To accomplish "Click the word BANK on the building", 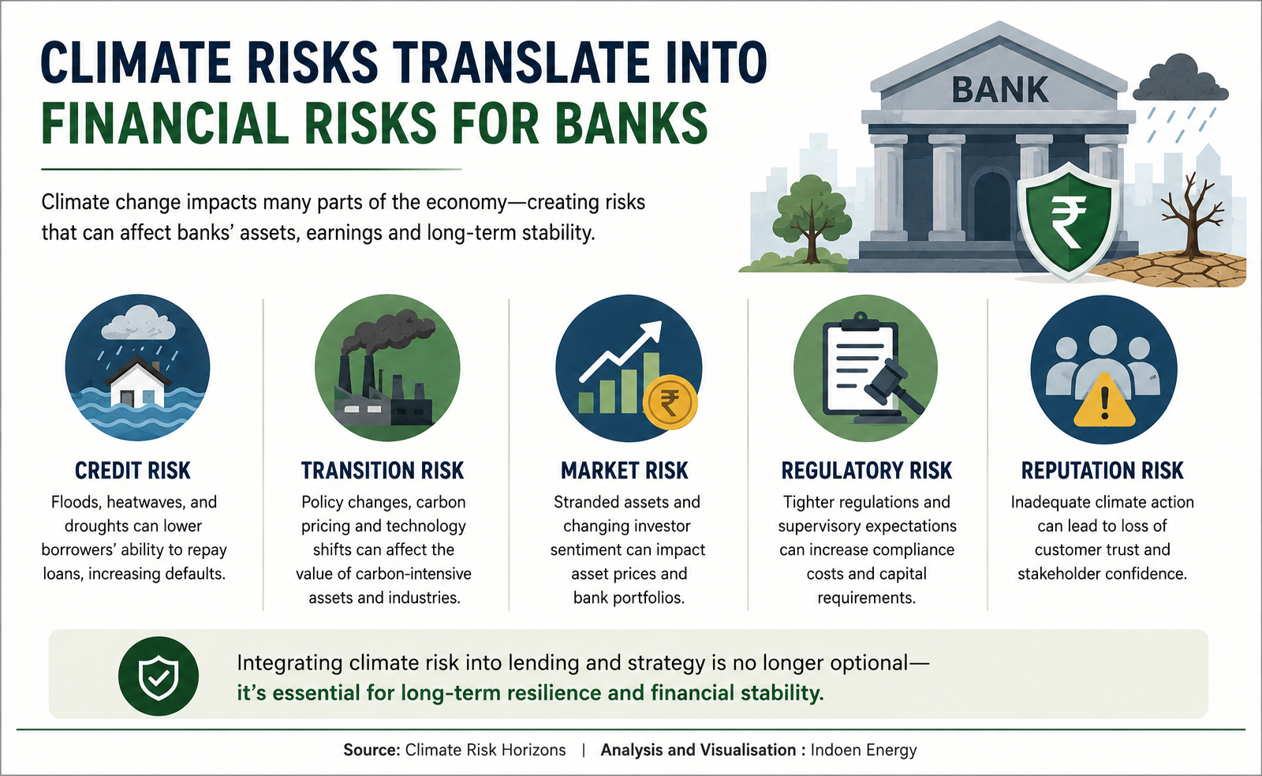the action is click(1000, 90).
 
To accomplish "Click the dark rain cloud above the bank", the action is click(1180, 78).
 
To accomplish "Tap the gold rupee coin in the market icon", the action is click(670, 403).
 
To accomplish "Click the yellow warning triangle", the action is click(1104, 403).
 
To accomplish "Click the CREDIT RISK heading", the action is click(133, 471).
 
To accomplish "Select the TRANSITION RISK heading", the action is click(383, 471).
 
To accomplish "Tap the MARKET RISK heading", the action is click(625, 471).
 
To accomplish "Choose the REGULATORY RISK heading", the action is click(867, 471).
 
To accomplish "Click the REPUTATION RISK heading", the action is click(1103, 471).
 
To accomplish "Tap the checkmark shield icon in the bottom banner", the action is click(159, 677).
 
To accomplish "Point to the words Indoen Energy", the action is click(864, 751).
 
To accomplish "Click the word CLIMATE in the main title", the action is click(136, 62).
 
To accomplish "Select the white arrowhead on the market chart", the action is click(652, 329).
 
